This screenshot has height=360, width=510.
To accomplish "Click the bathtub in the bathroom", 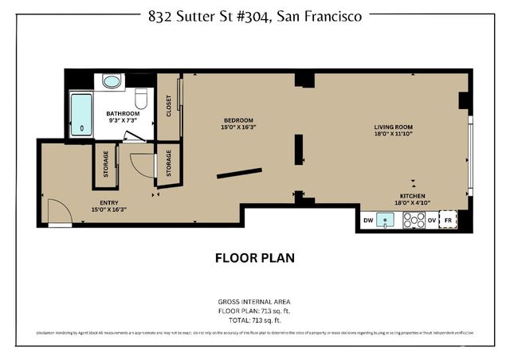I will tap(82, 115).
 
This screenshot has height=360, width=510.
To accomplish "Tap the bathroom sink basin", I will tap(112, 81).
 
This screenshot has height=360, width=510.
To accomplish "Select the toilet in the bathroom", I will tap(142, 98).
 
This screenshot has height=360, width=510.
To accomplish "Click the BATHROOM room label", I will tap(123, 114).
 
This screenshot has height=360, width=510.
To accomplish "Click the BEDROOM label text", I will tap(238, 119).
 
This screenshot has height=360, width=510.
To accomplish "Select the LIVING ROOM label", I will tap(394, 127).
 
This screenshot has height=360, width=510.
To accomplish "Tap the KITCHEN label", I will tap(412, 196).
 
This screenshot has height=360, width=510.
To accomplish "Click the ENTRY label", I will tap(108, 202).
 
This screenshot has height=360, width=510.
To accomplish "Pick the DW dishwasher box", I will tap(367, 220).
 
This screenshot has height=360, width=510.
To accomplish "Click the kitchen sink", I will tap(388, 221).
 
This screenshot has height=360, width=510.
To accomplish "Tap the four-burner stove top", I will tap(413, 221).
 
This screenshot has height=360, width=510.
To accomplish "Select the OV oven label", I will tap(431, 220).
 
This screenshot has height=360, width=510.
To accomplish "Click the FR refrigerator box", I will tap(449, 220).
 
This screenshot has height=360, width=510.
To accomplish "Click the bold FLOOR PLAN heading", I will tap(255, 258).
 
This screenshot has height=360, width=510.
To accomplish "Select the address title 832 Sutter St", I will tap(255, 14).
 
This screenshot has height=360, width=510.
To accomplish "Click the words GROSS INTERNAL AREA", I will tap(255, 301).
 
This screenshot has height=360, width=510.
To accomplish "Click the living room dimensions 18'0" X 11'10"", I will tap(394, 135).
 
